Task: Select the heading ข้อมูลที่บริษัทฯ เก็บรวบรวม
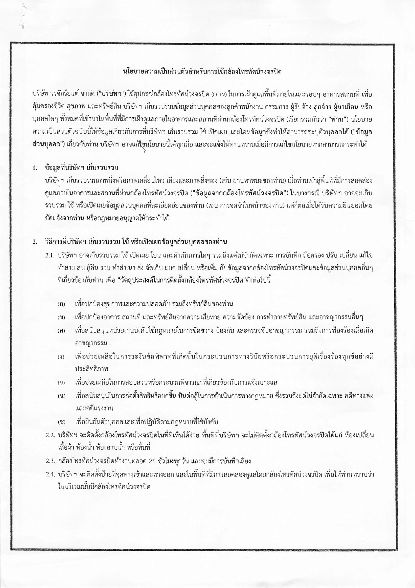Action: [x=82, y=168]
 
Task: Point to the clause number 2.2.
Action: [x=50, y=435]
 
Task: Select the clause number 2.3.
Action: [x=50, y=461]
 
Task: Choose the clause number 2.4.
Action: [x=50, y=475]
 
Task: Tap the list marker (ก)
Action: [x=61, y=304]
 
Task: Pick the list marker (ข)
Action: [x=61, y=318]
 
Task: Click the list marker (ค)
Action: [x=61, y=331]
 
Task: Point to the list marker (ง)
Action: [x=61, y=357]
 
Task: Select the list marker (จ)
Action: [x=61, y=383]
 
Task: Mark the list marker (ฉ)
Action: [x=61, y=396]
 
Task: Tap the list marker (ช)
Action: [x=61, y=422]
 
